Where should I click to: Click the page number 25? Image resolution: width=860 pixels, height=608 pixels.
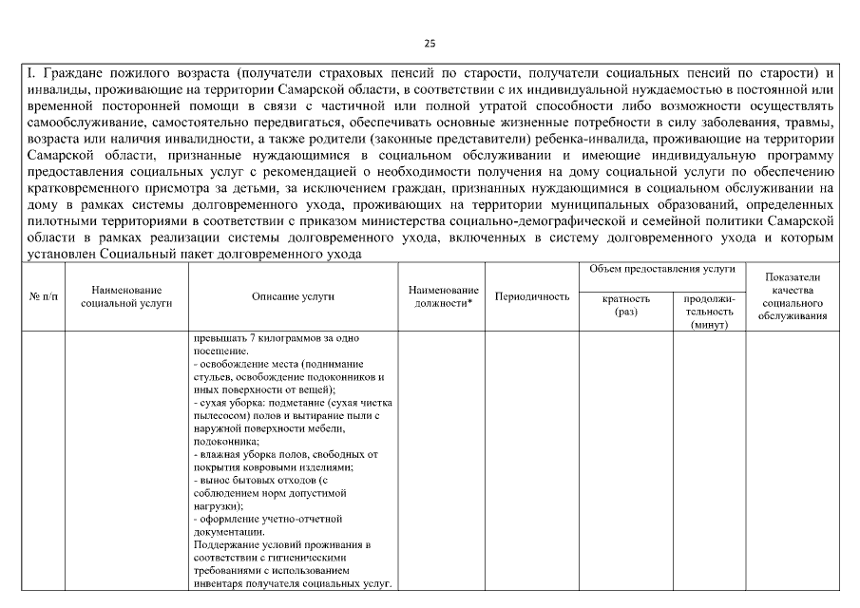pos(430,44)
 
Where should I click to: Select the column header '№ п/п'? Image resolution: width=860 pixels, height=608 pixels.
pos(44,297)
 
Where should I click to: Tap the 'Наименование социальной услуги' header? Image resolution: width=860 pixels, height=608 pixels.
pos(126,296)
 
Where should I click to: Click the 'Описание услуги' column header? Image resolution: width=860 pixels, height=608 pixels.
pos(293,297)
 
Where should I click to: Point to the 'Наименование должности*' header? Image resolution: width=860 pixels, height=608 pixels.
pos(443,296)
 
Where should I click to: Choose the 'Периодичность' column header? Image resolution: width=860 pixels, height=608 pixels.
pos(532,297)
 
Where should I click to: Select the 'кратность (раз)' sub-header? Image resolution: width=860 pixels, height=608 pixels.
pos(626,304)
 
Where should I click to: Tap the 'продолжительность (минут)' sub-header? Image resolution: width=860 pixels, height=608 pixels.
pos(709,311)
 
